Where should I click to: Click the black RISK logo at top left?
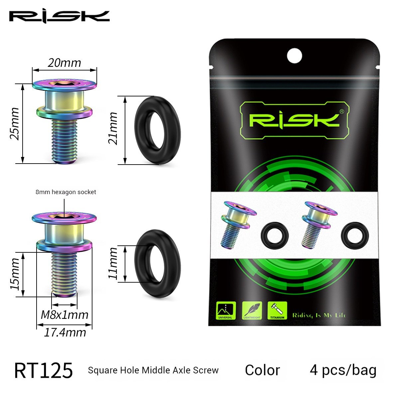point(59,16)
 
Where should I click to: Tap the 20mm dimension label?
point(64,63)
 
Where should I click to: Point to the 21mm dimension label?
point(113,128)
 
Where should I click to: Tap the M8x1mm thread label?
point(65,315)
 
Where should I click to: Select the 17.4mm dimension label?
point(65,332)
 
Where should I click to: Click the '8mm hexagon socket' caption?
point(66,192)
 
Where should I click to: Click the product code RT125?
point(43,370)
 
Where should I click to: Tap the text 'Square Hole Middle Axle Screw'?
point(153,370)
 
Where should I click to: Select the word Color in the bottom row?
point(262,370)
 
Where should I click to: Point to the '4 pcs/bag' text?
point(343,370)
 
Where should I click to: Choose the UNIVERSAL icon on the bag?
point(226,311)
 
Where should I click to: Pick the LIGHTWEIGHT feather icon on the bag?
point(252,311)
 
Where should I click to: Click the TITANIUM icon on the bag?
point(277,311)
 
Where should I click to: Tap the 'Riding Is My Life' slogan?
point(319,315)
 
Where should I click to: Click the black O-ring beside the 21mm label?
point(158,130)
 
